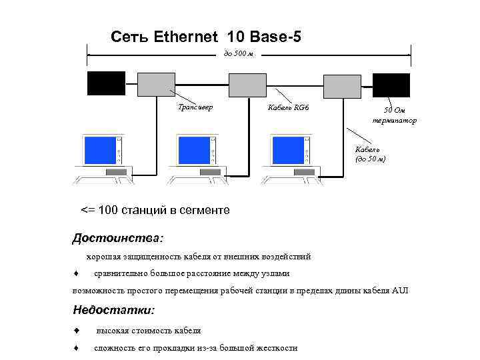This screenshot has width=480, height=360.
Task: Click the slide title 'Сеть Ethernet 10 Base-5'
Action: [x=205, y=37]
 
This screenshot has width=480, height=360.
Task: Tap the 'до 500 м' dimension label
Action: [x=237, y=53]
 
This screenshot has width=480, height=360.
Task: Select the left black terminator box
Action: [x=106, y=83]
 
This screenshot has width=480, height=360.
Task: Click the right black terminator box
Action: [x=391, y=85]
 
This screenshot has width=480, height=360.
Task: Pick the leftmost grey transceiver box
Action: [x=157, y=84]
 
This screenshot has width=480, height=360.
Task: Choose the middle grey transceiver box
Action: [x=247, y=85]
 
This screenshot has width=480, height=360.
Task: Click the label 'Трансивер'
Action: [x=195, y=107]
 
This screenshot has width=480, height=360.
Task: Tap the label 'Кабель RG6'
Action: [x=288, y=107]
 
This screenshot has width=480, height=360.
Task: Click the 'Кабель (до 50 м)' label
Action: [x=370, y=154]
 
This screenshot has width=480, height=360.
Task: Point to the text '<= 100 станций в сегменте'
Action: [x=155, y=210]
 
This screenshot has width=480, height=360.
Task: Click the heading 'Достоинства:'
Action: [x=117, y=237]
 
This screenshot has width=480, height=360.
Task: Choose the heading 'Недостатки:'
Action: [x=113, y=310]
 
